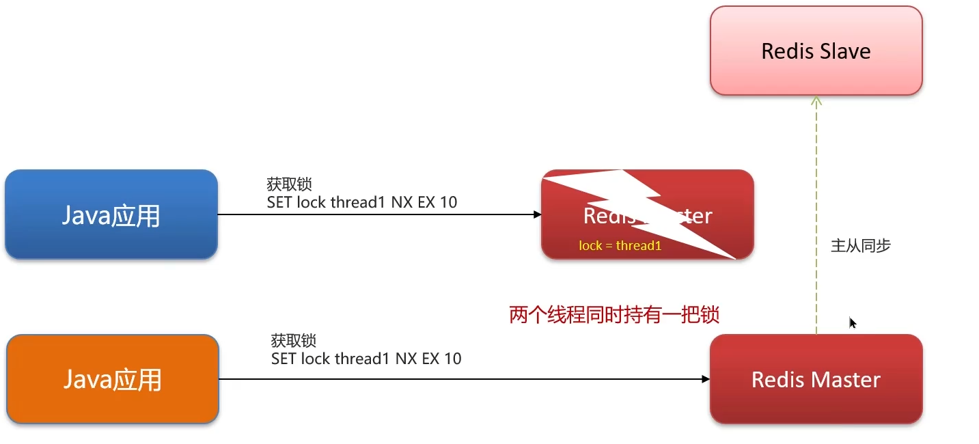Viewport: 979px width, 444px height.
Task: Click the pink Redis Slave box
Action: tap(816, 51)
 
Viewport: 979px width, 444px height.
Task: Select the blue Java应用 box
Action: tap(111, 215)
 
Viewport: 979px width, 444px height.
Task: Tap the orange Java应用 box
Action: tap(113, 379)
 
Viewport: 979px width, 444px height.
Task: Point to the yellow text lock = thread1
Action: tap(620, 245)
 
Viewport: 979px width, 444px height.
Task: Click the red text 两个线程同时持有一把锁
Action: tap(614, 315)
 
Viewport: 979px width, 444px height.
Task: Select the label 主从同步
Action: tap(860, 246)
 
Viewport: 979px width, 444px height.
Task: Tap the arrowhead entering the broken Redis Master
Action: tap(538, 214)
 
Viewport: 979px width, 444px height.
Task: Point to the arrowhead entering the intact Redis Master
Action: tap(706, 378)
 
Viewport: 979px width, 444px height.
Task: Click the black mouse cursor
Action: tap(853, 322)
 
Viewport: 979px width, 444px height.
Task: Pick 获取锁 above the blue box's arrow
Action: tap(289, 184)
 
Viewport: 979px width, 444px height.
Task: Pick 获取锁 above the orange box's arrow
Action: tap(294, 340)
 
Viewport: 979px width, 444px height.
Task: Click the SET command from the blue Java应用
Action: tap(361, 202)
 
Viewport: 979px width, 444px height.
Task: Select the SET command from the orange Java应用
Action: tap(366, 359)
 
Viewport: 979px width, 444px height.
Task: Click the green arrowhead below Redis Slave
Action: tap(816, 101)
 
